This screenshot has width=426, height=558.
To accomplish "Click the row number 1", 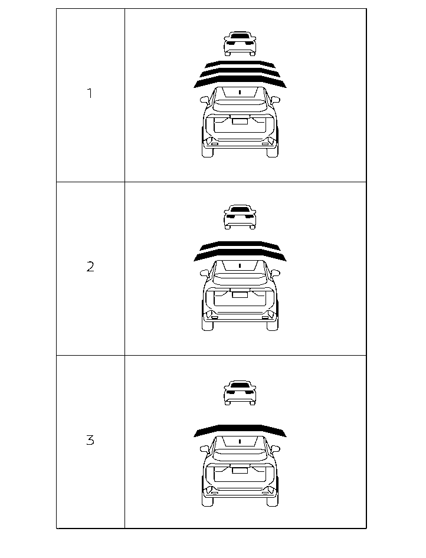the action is [90, 93].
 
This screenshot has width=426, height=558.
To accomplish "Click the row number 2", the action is [90, 267].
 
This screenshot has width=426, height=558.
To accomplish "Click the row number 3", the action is [90, 440].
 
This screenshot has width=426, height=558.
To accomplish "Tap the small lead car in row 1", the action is [240, 44].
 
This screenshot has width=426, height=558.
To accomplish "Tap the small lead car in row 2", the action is [240, 217].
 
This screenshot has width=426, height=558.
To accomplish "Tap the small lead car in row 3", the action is [240, 393].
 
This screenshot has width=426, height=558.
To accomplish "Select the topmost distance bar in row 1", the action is [240, 64].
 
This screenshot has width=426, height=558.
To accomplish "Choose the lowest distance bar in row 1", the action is [240, 82].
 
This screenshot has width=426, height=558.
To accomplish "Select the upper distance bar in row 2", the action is [240, 245].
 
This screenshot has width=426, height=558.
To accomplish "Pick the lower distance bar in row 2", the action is [240, 255].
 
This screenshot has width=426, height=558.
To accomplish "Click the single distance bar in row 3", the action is [240, 430].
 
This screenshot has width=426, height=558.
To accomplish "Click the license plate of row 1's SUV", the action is [240, 122].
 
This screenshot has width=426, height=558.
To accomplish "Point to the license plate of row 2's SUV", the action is [240, 295].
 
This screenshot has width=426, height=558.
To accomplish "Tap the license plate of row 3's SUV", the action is [240, 471].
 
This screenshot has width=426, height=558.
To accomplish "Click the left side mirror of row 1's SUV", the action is [204, 99].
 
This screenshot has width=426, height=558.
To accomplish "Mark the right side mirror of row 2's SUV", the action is [275, 273].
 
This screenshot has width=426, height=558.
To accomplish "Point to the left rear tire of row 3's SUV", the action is [207, 501].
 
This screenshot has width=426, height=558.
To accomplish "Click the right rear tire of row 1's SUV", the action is [273, 151].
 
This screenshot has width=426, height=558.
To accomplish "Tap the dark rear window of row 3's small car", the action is [240, 385].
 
